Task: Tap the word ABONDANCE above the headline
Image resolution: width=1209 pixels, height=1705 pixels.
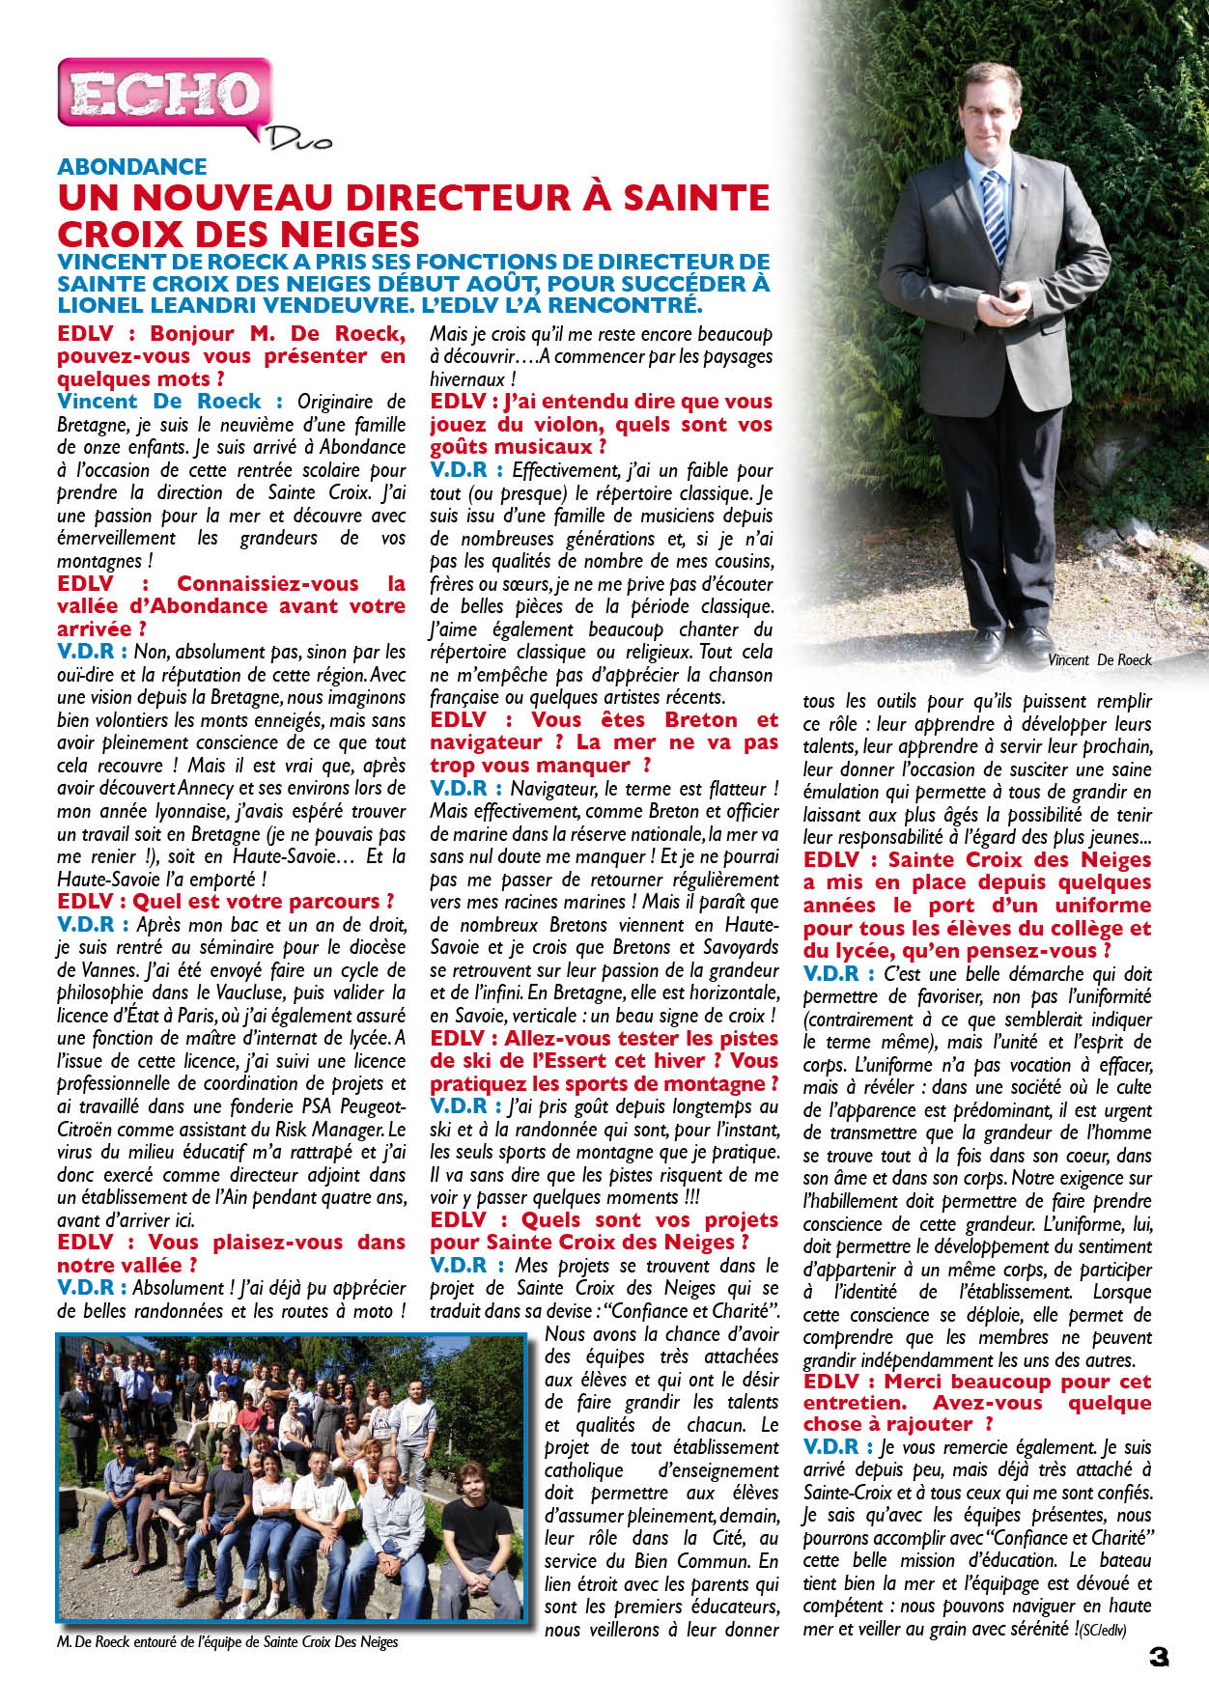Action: click(x=132, y=167)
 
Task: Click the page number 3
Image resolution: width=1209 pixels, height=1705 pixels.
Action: click(x=1158, y=1657)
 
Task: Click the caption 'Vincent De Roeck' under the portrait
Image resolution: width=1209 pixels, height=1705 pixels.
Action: click(x=1100, y=660)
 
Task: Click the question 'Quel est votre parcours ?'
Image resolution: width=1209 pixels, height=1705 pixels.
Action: click(x=226, y=902)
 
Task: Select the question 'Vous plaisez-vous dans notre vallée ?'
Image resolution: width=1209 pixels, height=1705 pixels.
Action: click(x=231, y=1253)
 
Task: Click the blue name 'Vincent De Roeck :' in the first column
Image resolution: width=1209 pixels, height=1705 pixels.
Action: click(x=170, y=402)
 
